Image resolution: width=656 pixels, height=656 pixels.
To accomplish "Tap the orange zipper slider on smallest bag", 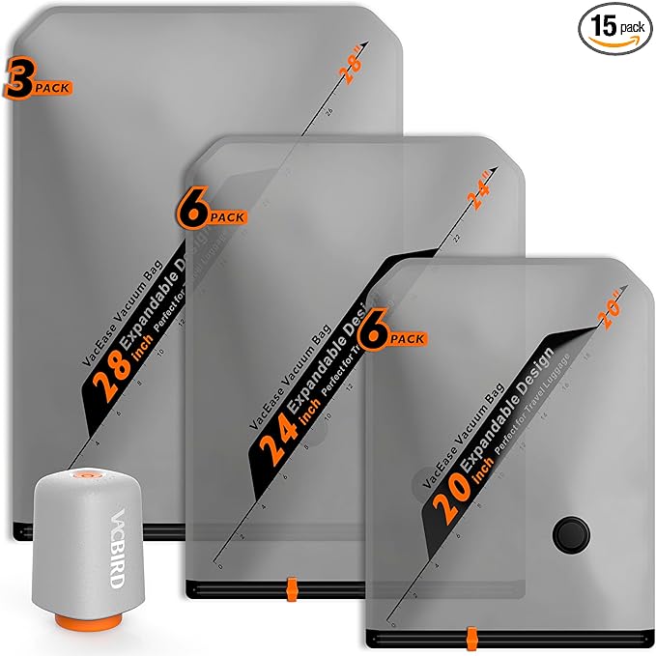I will click(472, 637).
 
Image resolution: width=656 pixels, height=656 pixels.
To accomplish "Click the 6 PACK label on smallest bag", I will click(390, 333).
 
